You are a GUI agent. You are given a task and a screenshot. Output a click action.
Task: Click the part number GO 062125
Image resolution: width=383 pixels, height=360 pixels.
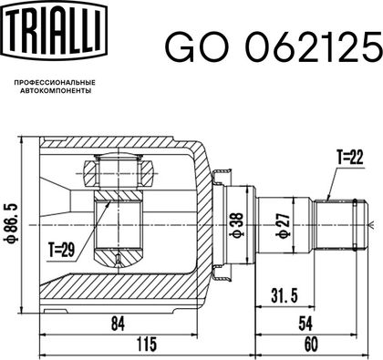click(x=274, y=46)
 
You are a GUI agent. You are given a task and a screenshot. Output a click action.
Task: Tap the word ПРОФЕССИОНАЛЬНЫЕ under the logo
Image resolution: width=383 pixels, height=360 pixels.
click(x=55, y=83)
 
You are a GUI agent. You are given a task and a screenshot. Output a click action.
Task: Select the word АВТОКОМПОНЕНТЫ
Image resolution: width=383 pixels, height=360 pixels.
click(x=56, y=90)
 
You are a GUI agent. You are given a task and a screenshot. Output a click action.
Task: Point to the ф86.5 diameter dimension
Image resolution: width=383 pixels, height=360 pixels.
click(x=13, y=224)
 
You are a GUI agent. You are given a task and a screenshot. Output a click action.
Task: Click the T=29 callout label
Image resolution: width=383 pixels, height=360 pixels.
click(x=61, y=251)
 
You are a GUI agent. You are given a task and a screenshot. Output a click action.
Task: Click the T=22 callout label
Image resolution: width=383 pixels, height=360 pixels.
click(x=350, y=158)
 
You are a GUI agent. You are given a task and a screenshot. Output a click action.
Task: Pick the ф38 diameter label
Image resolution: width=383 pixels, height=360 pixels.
click(x=237, y=224)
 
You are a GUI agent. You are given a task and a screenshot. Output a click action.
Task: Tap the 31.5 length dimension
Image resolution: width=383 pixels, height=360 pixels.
click(x=285, y=296)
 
